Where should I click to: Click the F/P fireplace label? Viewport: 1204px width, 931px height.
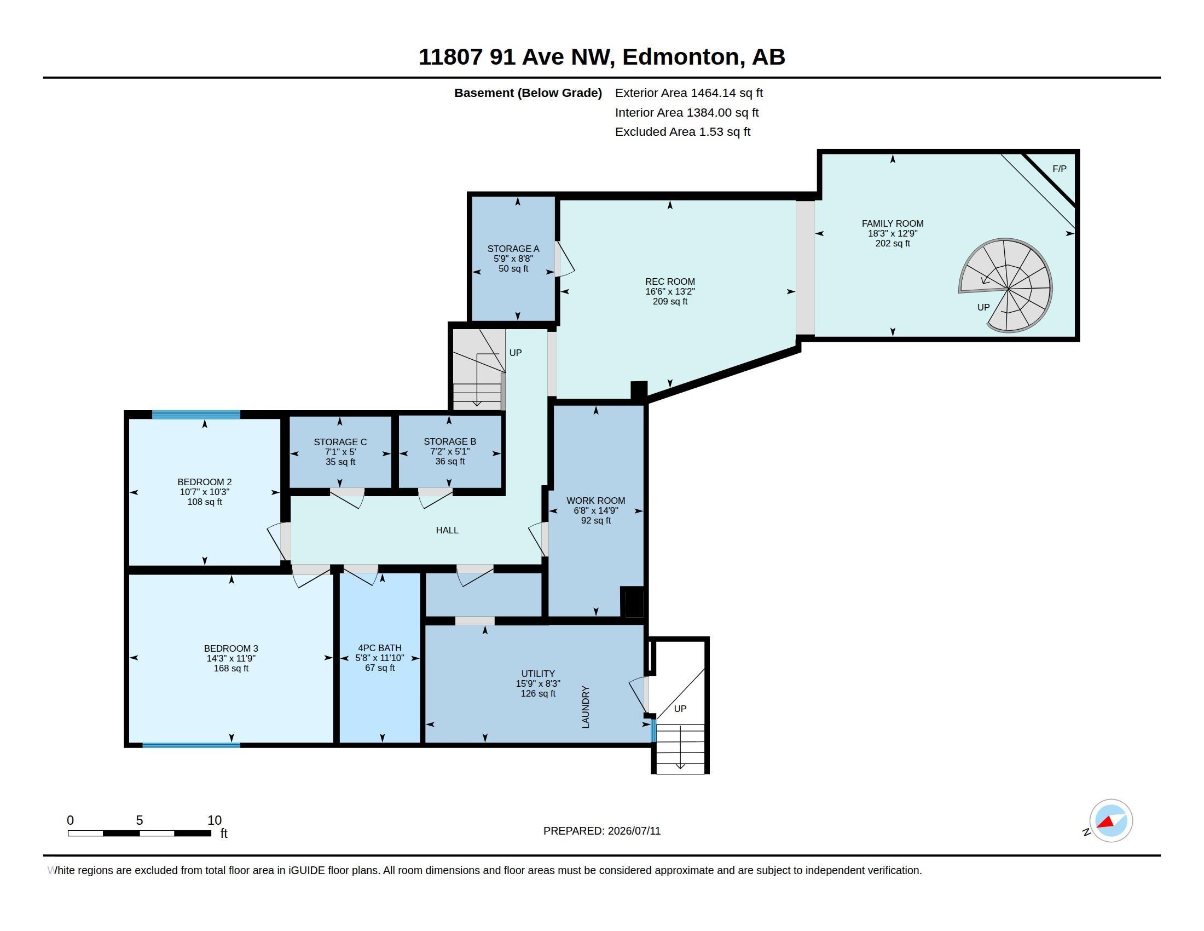click(1059, 169)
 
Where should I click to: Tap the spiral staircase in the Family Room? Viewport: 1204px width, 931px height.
click(1006, 286)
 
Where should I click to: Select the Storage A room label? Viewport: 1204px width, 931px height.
click(513, 249)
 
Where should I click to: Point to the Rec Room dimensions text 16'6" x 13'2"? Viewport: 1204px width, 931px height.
click(670, 291)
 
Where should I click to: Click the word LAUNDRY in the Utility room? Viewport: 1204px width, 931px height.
click(586, 707)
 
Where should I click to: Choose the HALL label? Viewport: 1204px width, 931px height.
click(447, 530)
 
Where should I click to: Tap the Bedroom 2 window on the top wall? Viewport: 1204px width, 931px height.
click(196, 415)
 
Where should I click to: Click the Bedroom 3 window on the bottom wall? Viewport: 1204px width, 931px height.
click(192, 745)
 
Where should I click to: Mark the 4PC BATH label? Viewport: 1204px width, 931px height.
click(380, 648)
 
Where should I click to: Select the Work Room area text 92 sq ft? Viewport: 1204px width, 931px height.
click(596, 521)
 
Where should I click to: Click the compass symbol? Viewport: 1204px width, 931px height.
click(1110, 821)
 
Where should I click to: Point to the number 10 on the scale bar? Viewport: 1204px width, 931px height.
click(215, 820)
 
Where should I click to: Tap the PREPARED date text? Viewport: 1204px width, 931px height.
click(602, 831)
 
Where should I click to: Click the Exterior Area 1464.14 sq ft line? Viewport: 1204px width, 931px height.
click(689, 93)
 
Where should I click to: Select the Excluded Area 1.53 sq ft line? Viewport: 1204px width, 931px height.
click(683, 132)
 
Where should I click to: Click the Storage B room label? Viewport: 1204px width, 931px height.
click(450, 441)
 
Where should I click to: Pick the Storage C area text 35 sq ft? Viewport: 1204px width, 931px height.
click(340, 462)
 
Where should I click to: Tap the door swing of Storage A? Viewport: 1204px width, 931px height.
click(566, 258)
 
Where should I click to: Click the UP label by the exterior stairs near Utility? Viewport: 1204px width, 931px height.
click(680, 709)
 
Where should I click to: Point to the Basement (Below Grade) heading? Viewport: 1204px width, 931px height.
click(528, 93)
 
